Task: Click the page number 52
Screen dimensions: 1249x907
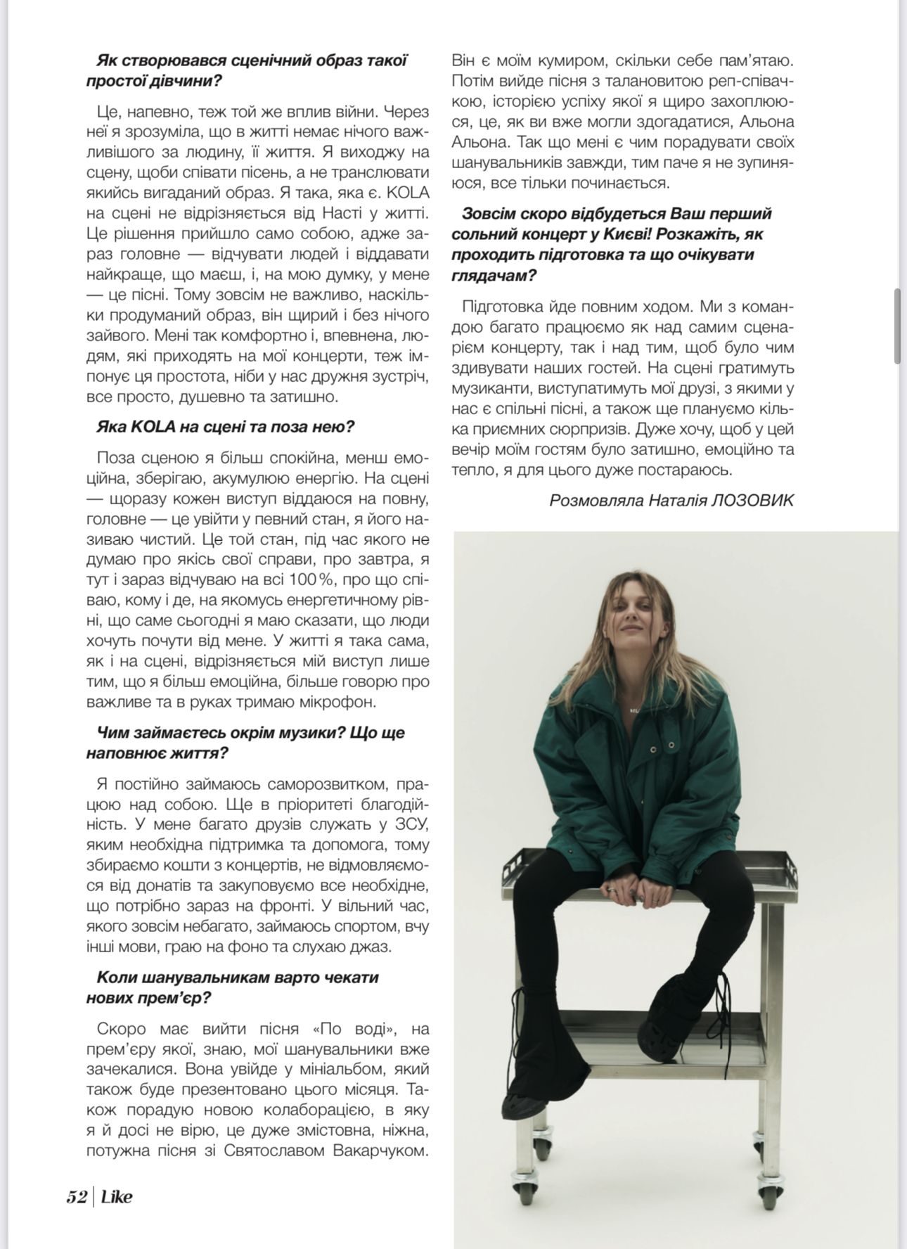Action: [x=76, y=1196]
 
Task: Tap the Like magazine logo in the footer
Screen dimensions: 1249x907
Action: [x=116, y=1196]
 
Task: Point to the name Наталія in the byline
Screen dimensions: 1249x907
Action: [x=677, y=500]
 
